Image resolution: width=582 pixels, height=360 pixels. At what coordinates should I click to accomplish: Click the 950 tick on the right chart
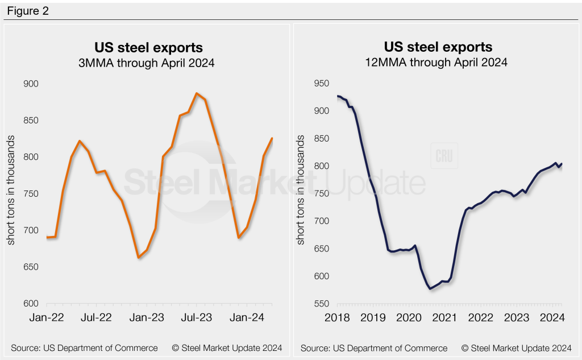[320, 84]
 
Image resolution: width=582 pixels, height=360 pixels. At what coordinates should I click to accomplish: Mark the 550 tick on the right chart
[320, 304]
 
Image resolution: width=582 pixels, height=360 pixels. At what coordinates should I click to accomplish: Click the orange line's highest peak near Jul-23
[196, 93]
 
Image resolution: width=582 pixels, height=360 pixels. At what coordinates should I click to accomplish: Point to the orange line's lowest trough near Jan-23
[138, 258]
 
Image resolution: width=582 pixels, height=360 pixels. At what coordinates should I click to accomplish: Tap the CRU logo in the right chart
[444, 157]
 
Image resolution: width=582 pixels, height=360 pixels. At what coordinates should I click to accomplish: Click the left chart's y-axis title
[11, 193]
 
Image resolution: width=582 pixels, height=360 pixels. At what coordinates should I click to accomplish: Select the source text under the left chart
[84, 347]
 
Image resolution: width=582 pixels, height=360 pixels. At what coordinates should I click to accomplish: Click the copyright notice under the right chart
[516, 347]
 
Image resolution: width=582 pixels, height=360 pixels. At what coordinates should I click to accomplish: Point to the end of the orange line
[272, 138]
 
